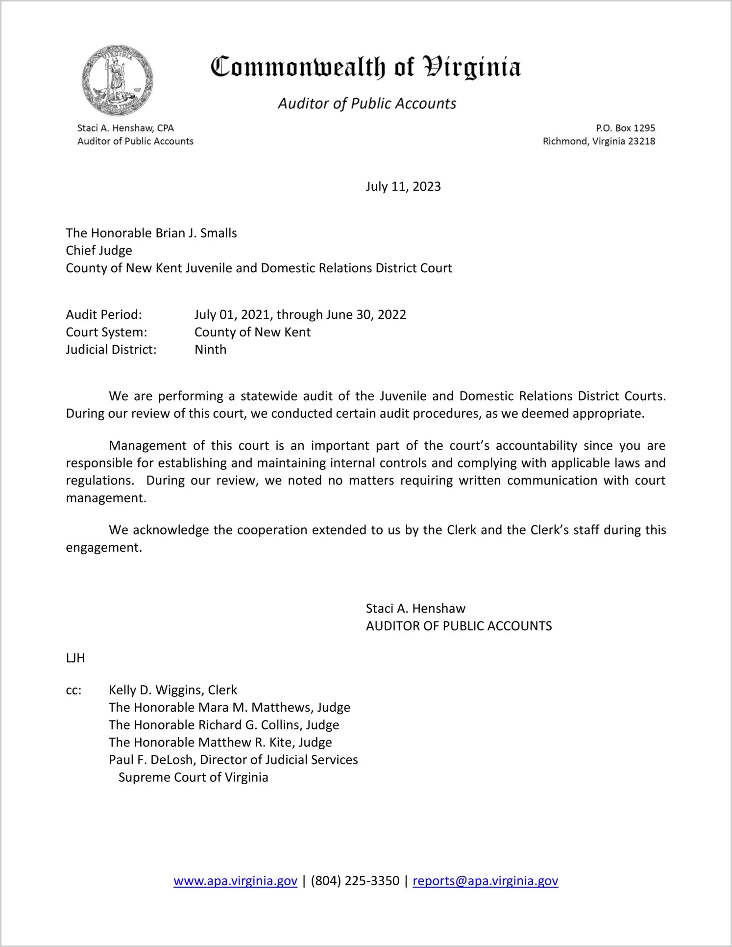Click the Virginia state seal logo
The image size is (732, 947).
click(118, 80)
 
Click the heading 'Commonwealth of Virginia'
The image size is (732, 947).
click(366, 68)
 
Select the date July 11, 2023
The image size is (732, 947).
click(403, 187)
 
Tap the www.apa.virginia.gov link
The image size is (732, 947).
click(235, 881)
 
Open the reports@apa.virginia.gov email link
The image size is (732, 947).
click(485, 881)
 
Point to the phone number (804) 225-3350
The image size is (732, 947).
click(355, 881)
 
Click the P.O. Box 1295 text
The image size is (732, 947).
click(625, 128)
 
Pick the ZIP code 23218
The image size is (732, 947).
click(641, 141)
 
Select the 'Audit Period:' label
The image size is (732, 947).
click(104, 314)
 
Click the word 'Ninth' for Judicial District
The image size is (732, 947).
click(210, 350)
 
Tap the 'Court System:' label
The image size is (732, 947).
click(106, 332)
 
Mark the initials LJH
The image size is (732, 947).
click(75, 658)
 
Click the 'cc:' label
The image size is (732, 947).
click(73, 691)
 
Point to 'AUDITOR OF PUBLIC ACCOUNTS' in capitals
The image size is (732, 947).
click(459, 626)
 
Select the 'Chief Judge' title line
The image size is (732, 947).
click(99, 251)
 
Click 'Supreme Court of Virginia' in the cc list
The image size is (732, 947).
click(193, 777)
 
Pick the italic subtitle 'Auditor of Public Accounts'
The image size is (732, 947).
click(367, 103)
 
